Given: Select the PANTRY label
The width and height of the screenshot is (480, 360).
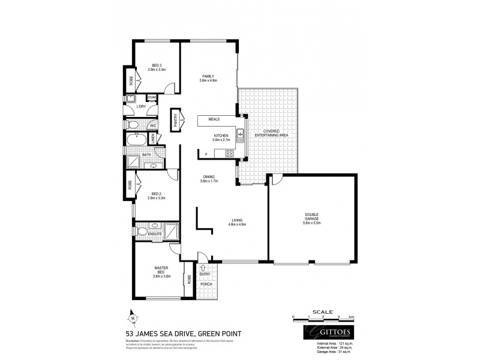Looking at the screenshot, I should coord(176,118).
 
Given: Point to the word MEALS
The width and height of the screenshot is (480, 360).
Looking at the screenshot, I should coord(214,119).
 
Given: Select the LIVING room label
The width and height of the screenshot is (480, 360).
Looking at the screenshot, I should coord(237,221).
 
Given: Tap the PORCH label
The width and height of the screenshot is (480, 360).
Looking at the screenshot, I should coord(206,284).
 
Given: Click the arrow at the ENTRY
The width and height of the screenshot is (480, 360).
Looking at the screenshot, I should coord(203,268).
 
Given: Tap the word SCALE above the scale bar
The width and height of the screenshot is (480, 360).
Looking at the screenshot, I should coord(323,311).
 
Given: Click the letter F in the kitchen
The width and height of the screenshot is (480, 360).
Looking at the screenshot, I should coord(206,155).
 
